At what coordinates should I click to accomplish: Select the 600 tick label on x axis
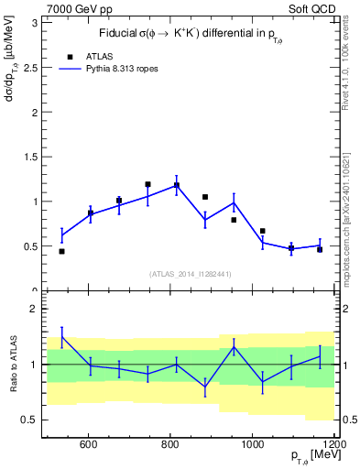[88, 445]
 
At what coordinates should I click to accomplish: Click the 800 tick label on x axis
[170, 445]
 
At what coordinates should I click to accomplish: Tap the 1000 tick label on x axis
[253, 445]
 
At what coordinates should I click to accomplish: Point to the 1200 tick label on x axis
[333, 445]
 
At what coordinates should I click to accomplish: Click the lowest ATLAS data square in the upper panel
[61, 251]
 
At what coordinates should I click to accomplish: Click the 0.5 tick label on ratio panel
[33, 420]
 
